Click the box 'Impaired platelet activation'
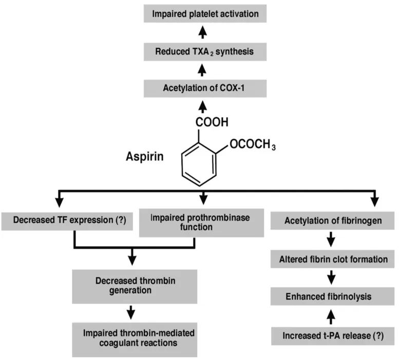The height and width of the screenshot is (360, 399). (x=205, y=14)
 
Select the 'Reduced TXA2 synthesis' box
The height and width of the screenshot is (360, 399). (x=205, y=51)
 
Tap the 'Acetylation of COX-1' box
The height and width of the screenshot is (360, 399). (x=205, y=89)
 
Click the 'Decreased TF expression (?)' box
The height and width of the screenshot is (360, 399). (x=68, y=221)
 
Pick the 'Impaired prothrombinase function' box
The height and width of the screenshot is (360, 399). (x=201, y=222)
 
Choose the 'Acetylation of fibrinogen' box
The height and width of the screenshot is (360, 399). (x=332, y=221)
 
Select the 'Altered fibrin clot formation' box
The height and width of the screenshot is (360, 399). (x=332, y=259)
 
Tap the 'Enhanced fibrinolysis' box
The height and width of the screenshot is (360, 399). (x=332, y=296)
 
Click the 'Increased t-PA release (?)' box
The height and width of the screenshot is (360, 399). (x=332, y=336)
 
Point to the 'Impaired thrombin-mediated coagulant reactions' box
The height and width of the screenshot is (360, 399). (x=135, y=338)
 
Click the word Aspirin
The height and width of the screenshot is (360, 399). (x=145, y=156)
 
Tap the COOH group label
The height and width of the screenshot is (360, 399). (x=206, y=123)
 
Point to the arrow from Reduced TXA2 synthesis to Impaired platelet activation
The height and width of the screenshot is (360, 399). (x=204, y=33)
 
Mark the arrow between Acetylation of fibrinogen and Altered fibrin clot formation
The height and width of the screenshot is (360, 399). (x=332, y=240)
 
